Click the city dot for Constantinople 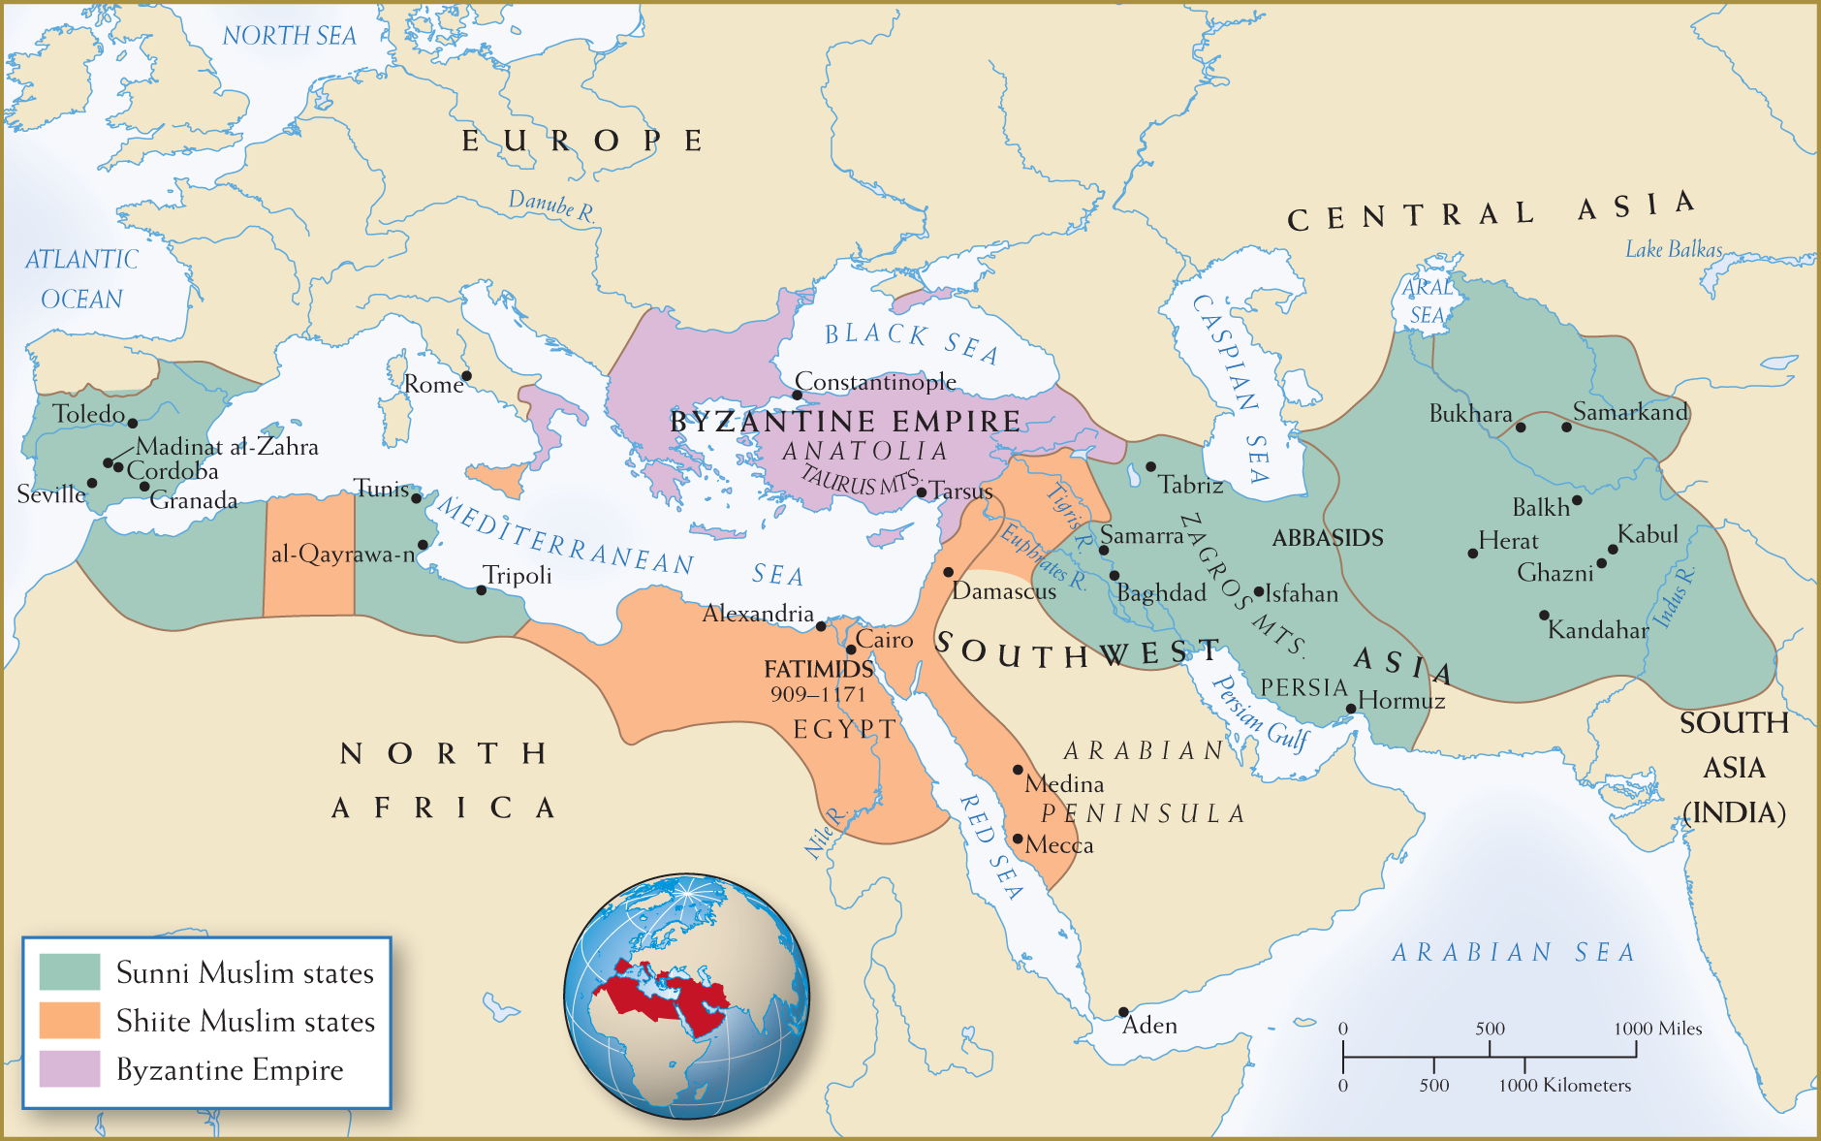(797, 395)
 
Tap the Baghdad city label (1161, 592)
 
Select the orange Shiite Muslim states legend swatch (69, 1020)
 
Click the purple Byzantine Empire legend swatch (69, 1068)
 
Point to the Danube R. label (551, 206)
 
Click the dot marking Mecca (1018, 839)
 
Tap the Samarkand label (1630, 412)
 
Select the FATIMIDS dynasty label (818, 669)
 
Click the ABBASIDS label (1327, 538)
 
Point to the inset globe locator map (686, 996)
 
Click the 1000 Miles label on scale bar (1657, 1029)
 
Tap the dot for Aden (1123, 1011)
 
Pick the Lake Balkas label (1674, 250)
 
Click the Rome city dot (466, 375)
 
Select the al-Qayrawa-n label (343, 555)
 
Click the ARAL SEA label (1427, 301)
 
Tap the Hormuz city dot (1351, 709)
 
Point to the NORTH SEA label (289, 36)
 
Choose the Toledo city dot (133, 423)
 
